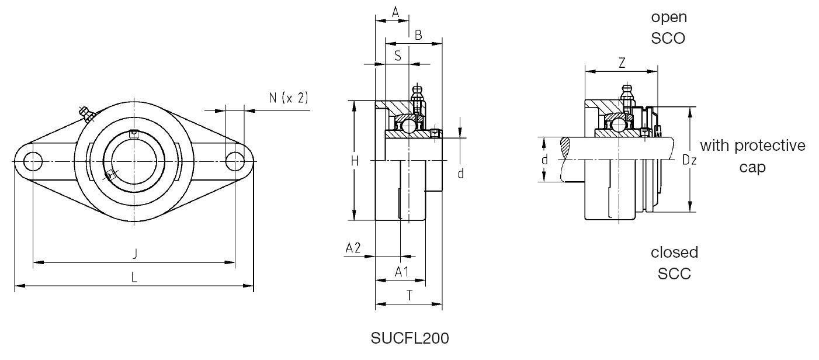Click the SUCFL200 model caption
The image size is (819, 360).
tap(409, 338)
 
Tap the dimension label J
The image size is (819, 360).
tap(135, 253)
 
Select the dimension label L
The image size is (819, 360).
tap(134, 277)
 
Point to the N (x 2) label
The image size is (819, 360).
tap(288, 98)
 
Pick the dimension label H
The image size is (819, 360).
tap(355, 161)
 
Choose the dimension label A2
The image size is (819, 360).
tap(353, 248)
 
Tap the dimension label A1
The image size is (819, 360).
tap(401, 272)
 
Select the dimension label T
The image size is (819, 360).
tap(409, 296)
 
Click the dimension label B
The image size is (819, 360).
tap(418, 36)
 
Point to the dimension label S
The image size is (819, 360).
tap(397, 56)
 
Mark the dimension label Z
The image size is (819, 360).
tap(622, 63)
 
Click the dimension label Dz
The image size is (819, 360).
tap(689, 160)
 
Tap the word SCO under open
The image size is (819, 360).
tap(669, 39)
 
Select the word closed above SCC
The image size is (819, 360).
tap(674, 252)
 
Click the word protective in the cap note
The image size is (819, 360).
tap(769, 145)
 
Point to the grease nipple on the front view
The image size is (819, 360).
tap(86, 113)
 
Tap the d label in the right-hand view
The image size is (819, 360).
tap(544, 160)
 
